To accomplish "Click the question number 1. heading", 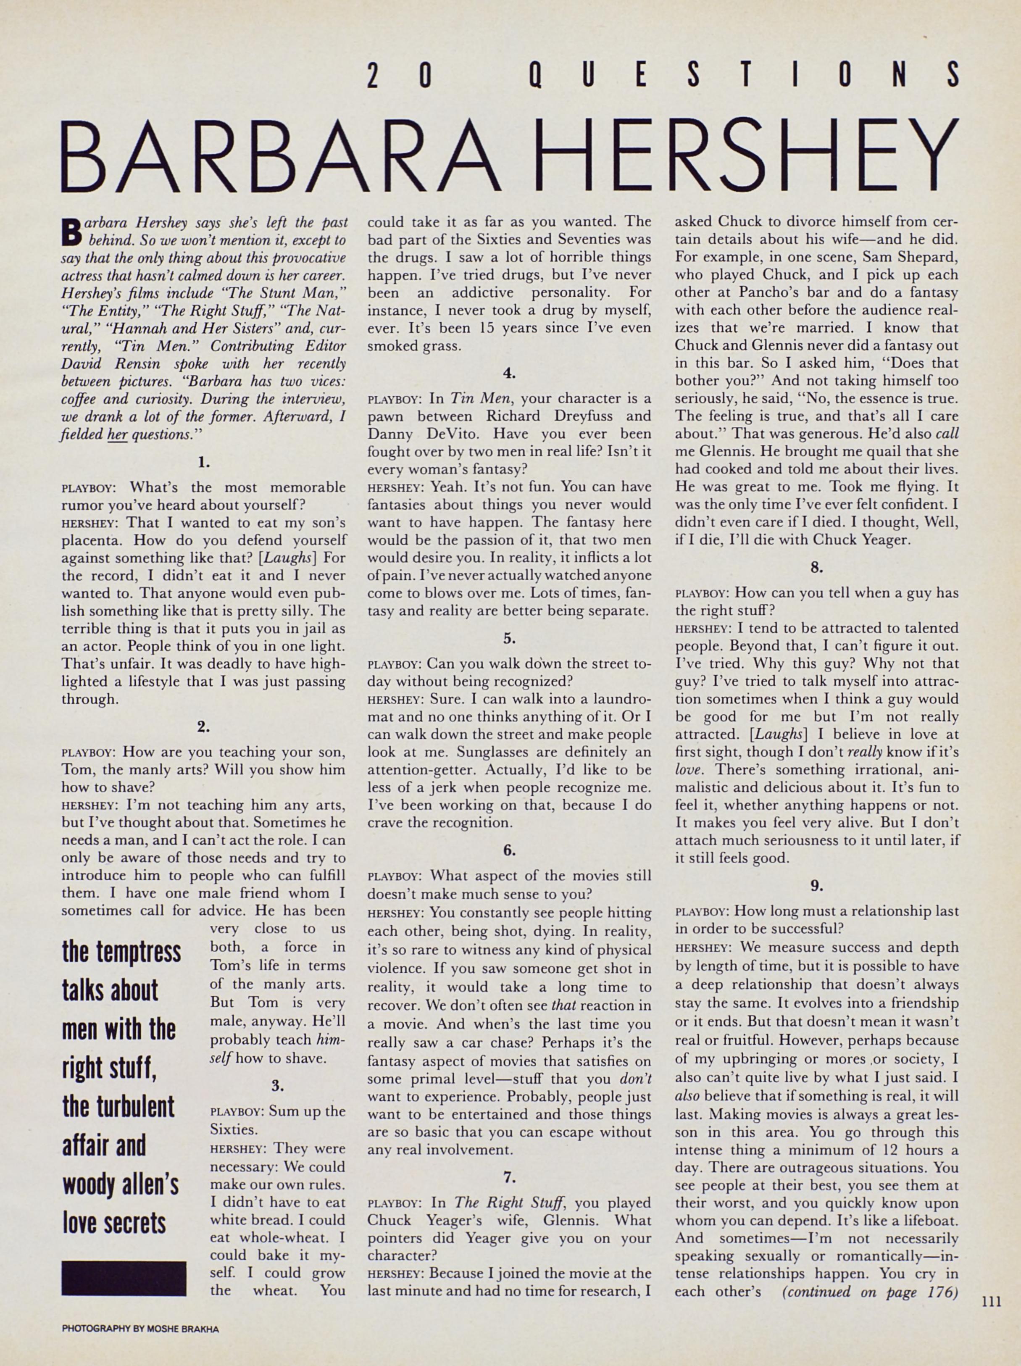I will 204,461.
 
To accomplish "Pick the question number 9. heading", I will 816,886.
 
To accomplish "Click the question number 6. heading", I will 509,850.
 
